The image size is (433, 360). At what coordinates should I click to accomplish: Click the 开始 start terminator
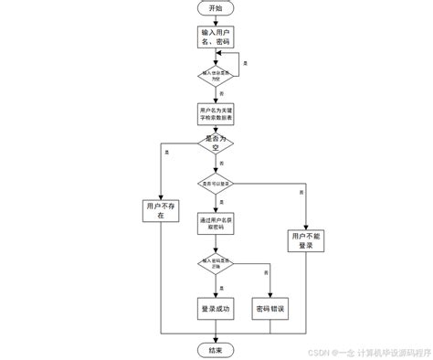click(216, 8)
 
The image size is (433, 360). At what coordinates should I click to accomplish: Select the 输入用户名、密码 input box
click(216, 37)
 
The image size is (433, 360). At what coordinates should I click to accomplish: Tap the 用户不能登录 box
click(303, 240)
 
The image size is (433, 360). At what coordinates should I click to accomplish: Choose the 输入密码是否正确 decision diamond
click(216, 263)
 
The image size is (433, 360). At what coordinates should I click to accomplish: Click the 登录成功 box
click(216, 309)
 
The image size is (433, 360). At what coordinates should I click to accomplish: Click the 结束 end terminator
click(216, 350)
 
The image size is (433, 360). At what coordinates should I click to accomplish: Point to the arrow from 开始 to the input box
click(216, 20)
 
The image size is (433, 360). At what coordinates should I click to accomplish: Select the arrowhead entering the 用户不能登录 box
click(303, 225)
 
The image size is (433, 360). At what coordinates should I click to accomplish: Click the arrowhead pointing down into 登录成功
click(216, 294)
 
